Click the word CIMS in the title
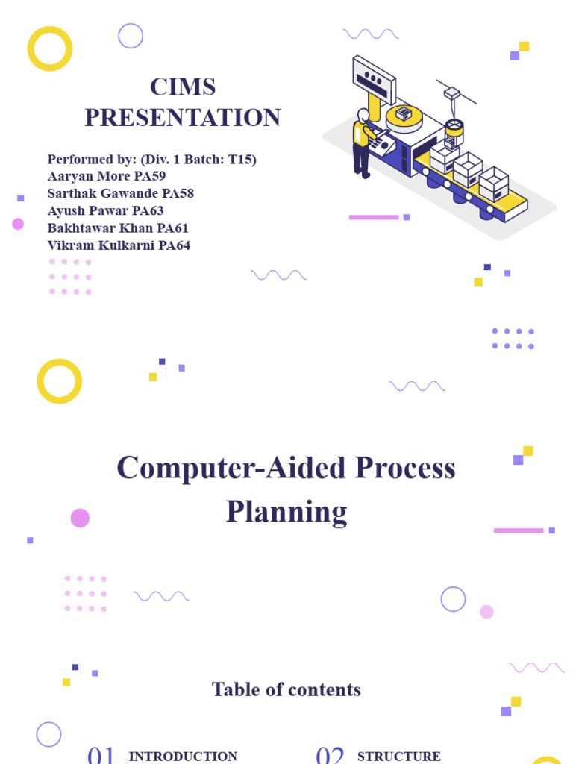(x=183, y=87)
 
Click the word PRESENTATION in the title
(x=183, y=118)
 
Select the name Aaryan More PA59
(x=107, y=176)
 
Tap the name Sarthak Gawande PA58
(x=120, y=193)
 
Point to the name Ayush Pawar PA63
(x=105, y=210)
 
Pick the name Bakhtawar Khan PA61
(x=118, y=228)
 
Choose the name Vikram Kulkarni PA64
(x=119, y=245)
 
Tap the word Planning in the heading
(x=286, y=512)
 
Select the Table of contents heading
(x=286, y=689)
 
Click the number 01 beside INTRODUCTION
(x=101, y=755)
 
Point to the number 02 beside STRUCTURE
(x=330, y=755)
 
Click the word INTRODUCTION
(x=183, y=757)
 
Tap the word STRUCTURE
(x=399, y=757)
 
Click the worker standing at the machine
(x=363, y=143)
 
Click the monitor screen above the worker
(x=374, y=79)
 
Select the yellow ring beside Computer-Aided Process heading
(x=59, y=381)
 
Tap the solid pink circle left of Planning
(x=80, y=518)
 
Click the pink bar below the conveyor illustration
(x=374, y=217)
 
